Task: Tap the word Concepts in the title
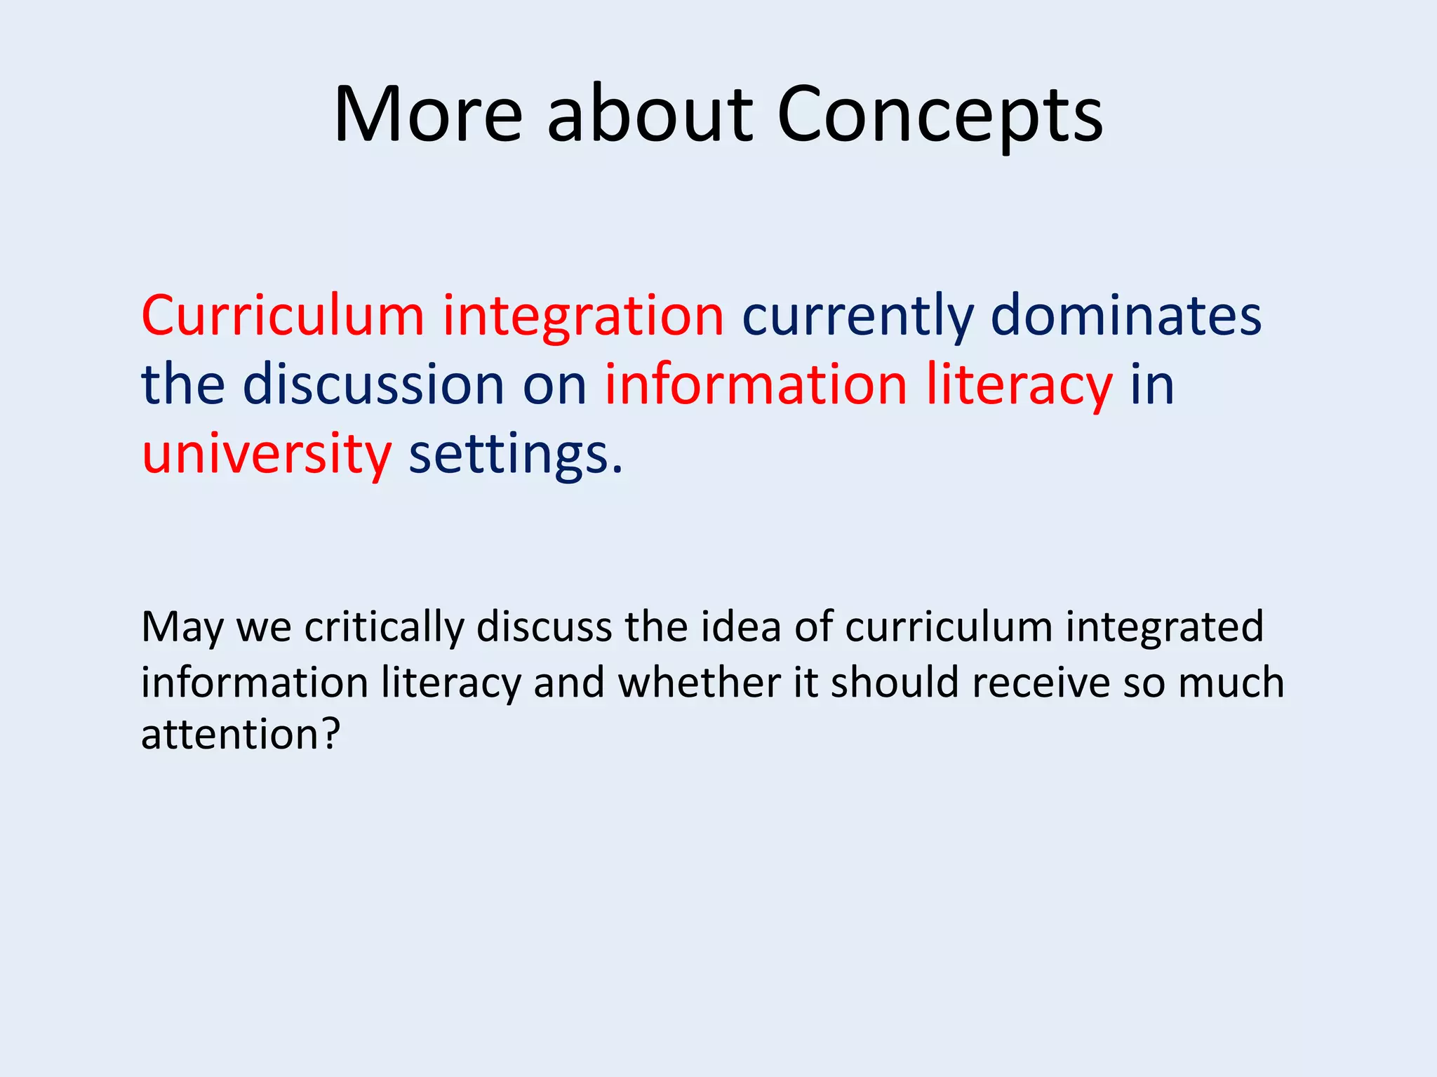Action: click(x=940, y=116)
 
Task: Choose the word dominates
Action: click(x=1125, y=316)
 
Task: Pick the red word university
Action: click(x=267, y=455)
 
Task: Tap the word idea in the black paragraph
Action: click(x=740, y=627)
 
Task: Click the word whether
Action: click(x=699, y=682)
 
